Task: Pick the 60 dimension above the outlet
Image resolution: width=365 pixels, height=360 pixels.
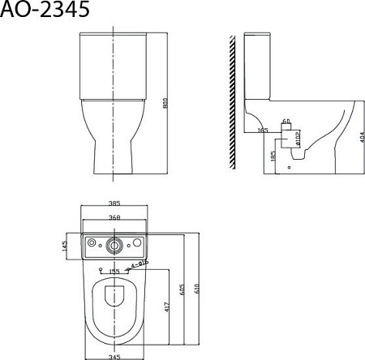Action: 286,122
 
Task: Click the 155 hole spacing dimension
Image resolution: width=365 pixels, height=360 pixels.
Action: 114,271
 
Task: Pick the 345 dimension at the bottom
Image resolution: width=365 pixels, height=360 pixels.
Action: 114,355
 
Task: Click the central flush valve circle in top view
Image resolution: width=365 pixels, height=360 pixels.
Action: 114,243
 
